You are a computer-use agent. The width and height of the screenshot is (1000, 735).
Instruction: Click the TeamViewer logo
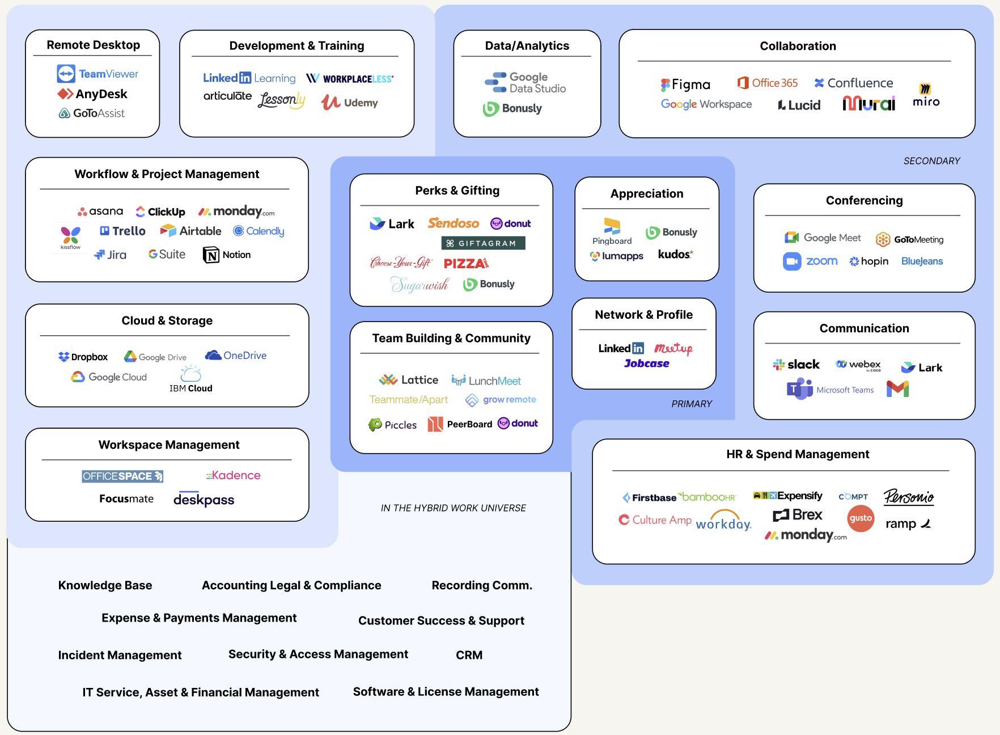(x=98, y=74)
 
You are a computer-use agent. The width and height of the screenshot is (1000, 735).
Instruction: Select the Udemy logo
(x=349, y=103)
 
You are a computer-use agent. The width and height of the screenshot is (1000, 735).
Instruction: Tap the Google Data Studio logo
(x=525, y=83)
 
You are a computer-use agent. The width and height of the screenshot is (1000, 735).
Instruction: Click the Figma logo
(x=685, y=85)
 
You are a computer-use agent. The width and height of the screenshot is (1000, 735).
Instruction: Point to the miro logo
(x=926, y=96)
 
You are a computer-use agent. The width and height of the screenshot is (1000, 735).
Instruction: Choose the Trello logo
(x=122, y=231)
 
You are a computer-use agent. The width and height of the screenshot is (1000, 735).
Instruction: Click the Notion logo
(x=227, y=255)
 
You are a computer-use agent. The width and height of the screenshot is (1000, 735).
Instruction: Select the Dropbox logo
(x=83, y=357)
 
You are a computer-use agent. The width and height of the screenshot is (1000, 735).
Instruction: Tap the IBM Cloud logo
(x=190, y=379)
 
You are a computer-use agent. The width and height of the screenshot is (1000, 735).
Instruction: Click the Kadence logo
(x=233, y=475)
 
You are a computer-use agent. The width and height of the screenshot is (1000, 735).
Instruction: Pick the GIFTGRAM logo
(x=483, y=243)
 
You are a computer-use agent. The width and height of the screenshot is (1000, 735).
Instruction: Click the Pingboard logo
(x=612, y=231)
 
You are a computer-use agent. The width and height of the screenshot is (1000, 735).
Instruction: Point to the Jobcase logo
(x=646, y=364)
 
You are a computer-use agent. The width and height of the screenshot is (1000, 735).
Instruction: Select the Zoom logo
(x=810, y=261)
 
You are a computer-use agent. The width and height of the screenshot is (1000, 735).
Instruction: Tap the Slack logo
(x=796, y=365)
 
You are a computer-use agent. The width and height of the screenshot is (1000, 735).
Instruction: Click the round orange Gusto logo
(x=861, y=518)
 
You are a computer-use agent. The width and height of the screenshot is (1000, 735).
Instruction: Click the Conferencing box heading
(x=864, y=200)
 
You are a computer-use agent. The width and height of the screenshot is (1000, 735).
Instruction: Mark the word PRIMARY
(x=692, y=404)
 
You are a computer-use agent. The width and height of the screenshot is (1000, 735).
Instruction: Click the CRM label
(x=469, y=655)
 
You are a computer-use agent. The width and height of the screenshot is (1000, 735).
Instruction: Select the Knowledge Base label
(x=105, y=585)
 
